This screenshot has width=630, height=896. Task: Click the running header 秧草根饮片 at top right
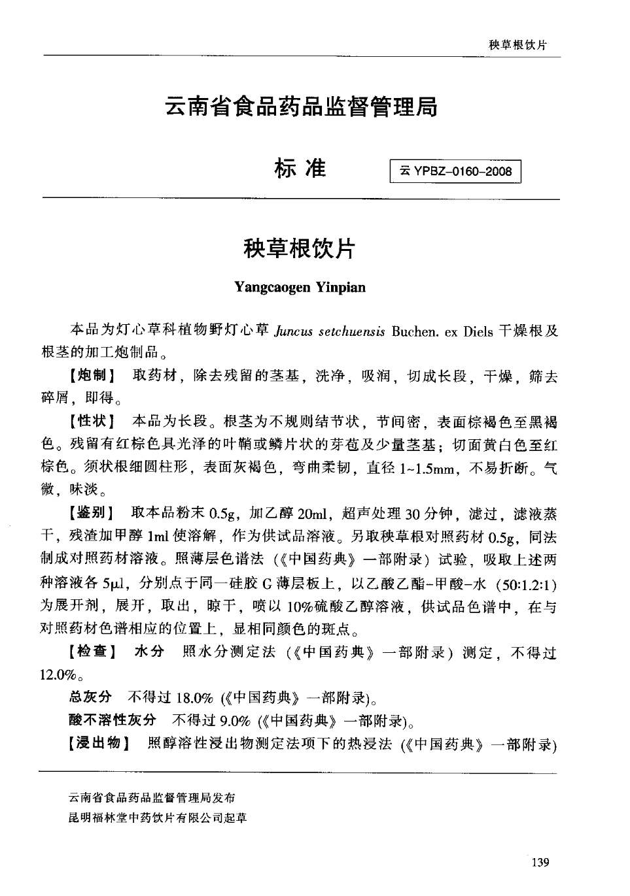[517, 44]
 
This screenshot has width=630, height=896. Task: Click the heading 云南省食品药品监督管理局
[301, 106]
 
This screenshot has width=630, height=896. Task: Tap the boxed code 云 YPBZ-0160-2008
[455, 172]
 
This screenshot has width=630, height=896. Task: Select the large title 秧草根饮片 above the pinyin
[300, 248]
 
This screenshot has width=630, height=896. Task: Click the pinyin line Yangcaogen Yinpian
[300, 287]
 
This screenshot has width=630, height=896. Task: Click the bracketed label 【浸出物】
[100, 743]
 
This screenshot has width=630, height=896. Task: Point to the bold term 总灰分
[90, 697]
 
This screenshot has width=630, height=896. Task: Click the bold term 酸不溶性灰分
[113, 720]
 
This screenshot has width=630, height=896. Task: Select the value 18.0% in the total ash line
[195, 698]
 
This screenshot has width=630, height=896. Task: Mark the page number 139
[540, 863]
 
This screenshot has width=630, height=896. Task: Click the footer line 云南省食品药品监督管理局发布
[152, 797]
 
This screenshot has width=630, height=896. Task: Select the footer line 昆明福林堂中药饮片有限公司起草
[158, 818]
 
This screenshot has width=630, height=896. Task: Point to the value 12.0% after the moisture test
[60, 674]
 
